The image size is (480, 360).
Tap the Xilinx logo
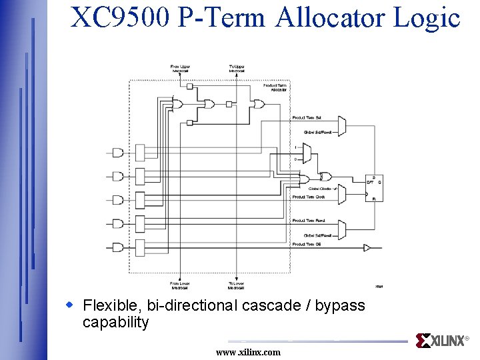coord(441,341)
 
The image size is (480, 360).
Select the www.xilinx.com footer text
coord(248,352)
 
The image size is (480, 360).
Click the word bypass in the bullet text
coord(339,305)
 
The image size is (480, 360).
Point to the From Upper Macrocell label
coord(180,68)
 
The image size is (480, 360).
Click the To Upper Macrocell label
coord(237,68)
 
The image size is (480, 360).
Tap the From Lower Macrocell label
coord(180,286)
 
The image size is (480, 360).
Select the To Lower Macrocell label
coord(237,286)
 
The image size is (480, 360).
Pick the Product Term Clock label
coord(308,197)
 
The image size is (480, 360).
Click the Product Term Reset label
coord(308,221)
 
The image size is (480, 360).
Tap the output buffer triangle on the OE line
coord(366,248)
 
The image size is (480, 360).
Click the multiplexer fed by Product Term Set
coord(341,125)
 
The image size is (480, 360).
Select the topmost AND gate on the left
coord(118,153)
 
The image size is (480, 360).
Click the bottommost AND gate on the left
coord(118,247)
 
